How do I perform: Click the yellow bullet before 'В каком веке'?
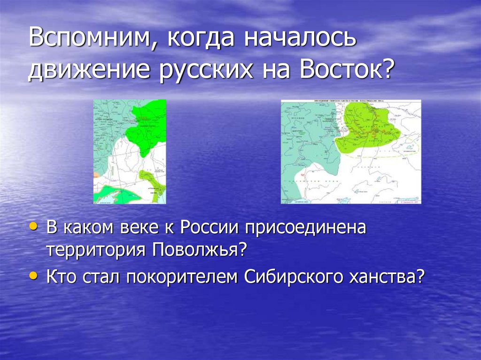[33, 226]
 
